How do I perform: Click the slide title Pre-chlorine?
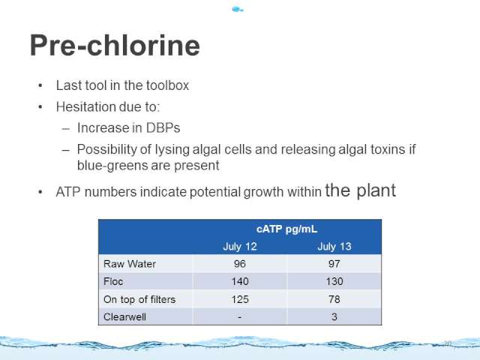point(115,46)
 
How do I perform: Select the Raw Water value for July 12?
point(240,264)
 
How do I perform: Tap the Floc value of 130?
point(334,281)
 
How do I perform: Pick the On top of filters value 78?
point(334,299)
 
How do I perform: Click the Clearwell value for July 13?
point(334,316)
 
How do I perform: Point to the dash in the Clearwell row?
point(240,317)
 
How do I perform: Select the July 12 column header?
point(240,247)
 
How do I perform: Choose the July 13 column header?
point(334,247)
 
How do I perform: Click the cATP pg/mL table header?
point(286,229)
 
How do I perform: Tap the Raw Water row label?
point(130,264)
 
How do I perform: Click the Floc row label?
point(113,281)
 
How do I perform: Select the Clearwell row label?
point(124,316)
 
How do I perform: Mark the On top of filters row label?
point(139,299)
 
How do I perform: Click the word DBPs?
point(163,128)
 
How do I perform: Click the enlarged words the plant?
point(360,190)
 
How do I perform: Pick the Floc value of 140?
point(240,281)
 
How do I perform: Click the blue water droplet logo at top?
point(238,10)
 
